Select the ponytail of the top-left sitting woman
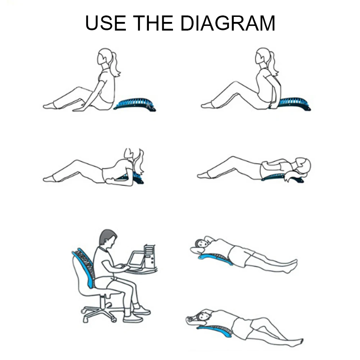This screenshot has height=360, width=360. click(x=114, y=65)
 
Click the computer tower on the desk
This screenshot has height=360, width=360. click(x=149, y=256)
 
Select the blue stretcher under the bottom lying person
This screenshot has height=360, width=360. click(x=216, y=331)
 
